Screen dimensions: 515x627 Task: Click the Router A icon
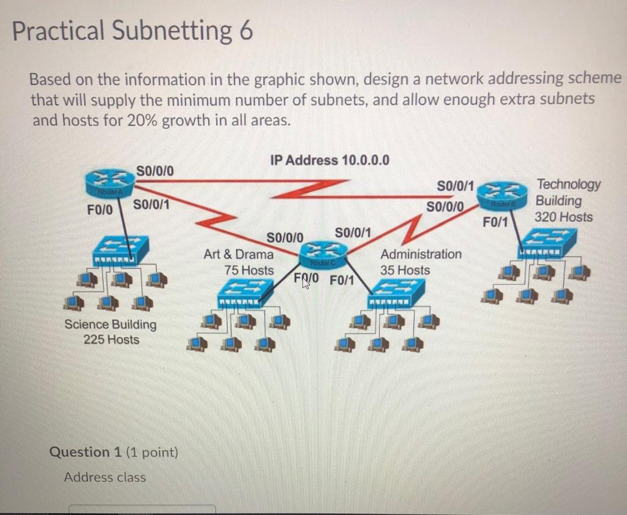pyautogui.click(x=105, y=182)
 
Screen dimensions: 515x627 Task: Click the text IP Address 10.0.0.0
pyautogui.click(x=329, y=160)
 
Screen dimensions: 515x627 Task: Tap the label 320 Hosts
pyautogui.click(x=563, y=217)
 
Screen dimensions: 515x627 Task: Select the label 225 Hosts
pyautogui.click(x=111, y=339)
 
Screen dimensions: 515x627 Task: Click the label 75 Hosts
pyautogui.click(x=249, y=270)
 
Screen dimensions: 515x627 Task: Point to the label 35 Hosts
pyautogui.click(x=405, y=270)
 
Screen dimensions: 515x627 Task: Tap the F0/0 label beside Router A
pyautogui.click(x=100, y=208)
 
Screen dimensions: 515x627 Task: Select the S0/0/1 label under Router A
pyautogui.click(x=151, y=203)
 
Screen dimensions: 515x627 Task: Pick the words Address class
pyautogui.click(x=105, y=477)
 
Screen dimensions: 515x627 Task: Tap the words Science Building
pyautogui.click(x=111, y=325)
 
